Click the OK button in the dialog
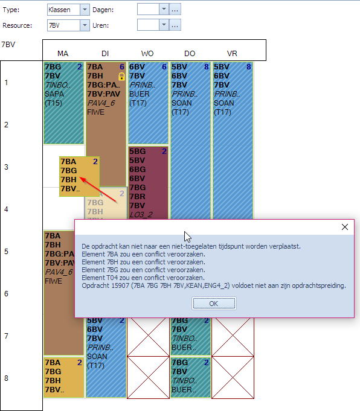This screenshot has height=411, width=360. click(214, 304)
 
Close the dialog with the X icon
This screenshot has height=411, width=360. click(345, 227)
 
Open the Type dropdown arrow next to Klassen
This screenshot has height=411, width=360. click(85, 10)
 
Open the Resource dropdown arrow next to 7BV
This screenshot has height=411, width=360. click(85, 25)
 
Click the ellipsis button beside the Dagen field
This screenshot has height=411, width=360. click(175, 10)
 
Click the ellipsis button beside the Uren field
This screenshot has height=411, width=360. click(175, 25)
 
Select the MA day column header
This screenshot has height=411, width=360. click(63, 54)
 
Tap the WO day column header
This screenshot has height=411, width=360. click(147, 54)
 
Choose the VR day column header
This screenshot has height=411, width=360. click(232, 54)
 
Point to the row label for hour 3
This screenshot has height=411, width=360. click(6, 167)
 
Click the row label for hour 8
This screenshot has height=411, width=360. click(6, 378)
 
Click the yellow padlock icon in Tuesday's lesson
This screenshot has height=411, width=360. click(121, 76)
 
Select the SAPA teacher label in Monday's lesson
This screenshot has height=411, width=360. click(54, 94)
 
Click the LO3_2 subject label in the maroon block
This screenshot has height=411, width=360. click(141, 215)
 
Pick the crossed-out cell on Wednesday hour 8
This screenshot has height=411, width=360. click(148, 377)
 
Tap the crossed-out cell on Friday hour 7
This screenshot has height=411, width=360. click(233, 337)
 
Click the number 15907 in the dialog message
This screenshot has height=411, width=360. click(120, 285)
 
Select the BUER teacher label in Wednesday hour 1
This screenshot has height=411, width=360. click(140, 94)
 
